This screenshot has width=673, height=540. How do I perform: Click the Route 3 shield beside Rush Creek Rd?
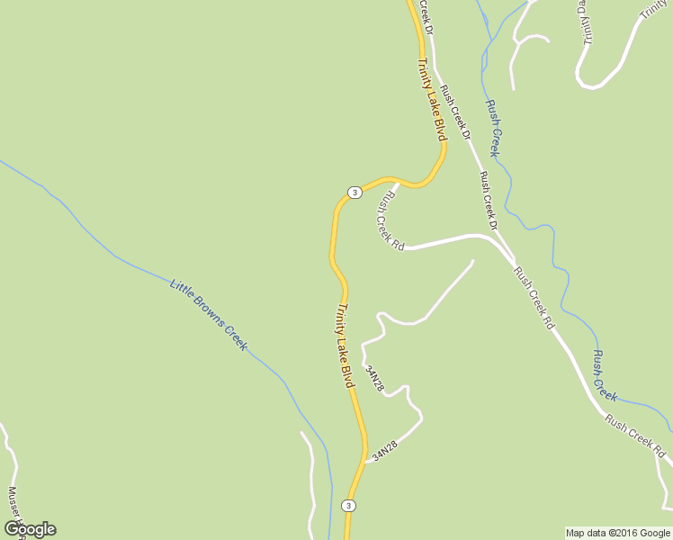[354, 192]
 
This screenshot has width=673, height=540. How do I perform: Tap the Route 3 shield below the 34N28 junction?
[348, 506]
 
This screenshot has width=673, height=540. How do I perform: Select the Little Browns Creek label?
[208, 314]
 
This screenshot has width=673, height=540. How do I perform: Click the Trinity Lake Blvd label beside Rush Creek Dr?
[432, 99]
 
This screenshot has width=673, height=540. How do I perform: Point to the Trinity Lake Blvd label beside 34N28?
[345, 346]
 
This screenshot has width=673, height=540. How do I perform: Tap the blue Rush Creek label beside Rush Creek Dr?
[494, 128]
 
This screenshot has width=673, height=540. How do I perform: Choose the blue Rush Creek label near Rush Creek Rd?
[604, 375]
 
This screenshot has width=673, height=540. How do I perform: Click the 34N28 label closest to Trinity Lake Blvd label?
[375, 378]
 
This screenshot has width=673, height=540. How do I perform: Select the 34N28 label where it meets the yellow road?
[384, 451]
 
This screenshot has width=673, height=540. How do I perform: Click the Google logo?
[30, 529]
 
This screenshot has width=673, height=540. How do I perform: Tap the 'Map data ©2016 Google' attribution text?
[618, 533]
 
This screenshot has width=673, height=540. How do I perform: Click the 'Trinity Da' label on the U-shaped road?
[585, 22]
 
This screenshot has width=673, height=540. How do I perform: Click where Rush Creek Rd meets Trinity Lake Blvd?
[397, 183]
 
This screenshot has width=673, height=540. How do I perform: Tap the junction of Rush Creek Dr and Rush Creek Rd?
[499, 245]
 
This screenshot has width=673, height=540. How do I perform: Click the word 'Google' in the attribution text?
[656, 533]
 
